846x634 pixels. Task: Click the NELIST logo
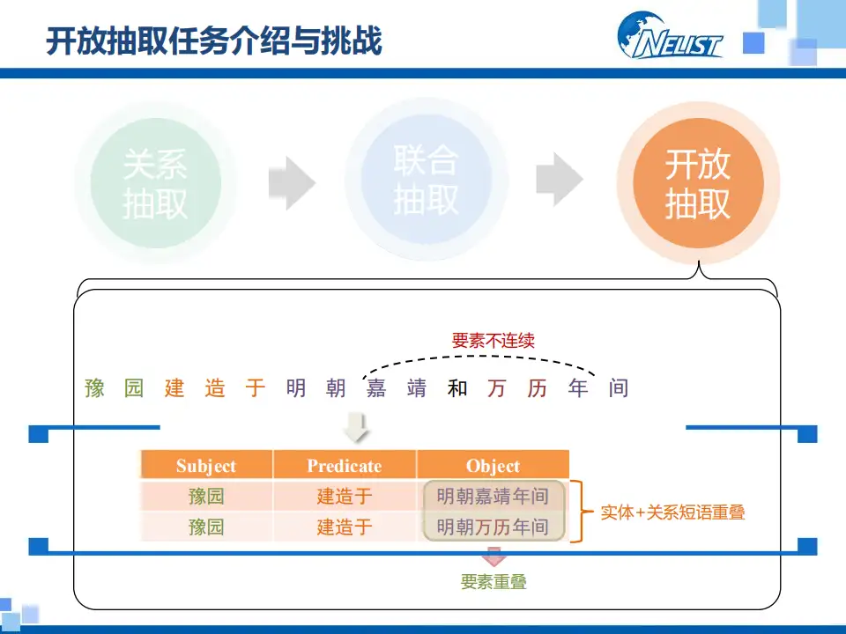[671, 36]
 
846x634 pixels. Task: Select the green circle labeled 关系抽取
[155, 183]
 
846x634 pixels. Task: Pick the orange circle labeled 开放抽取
[697, 183]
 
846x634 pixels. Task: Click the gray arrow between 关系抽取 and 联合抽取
[292, 182]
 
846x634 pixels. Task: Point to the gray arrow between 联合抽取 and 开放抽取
[560, 180]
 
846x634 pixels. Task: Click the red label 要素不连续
[493, 340]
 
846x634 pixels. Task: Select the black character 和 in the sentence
[456, 387]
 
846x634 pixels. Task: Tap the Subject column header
[206, 466]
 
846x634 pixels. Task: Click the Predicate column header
[345, 466]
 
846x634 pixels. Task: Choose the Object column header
[493, 466]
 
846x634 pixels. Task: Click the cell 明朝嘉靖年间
[493, 497]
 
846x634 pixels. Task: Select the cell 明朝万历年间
[493, 527]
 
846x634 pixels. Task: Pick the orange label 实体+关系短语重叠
[672, 512]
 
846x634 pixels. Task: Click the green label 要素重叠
[493, 581]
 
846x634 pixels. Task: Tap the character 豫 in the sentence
[94, 387]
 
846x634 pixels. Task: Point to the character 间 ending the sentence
[619, 387]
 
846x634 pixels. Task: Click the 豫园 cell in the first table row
[206, 497]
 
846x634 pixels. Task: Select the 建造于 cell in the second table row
[345, 527]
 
